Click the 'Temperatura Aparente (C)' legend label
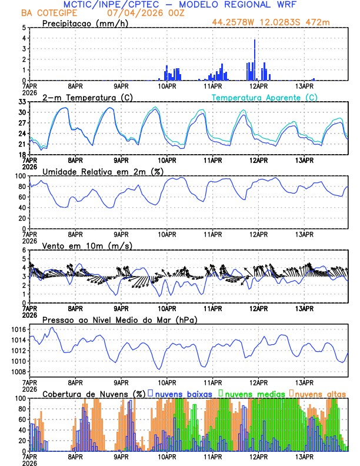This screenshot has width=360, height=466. click(264, 97)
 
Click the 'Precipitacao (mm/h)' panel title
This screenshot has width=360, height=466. click(86, 23)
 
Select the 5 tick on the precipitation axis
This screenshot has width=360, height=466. click(24, 28)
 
